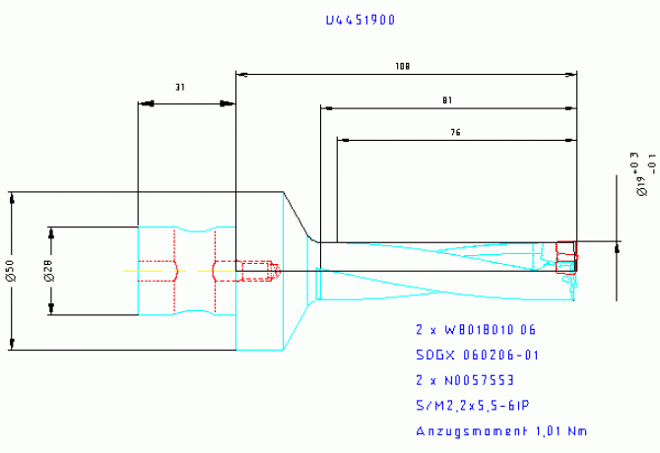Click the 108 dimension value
point(402,67)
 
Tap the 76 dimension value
point(455,132)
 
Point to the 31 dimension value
point(180,88)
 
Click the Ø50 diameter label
point(10,270)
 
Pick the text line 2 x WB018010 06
point(476,329)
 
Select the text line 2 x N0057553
point(465,379)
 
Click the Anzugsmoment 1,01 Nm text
point(501,430)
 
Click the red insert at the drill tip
point(565,257)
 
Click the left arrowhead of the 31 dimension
point(143,101)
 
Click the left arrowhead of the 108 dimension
point(241,74)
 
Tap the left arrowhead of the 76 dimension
point(343,139)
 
